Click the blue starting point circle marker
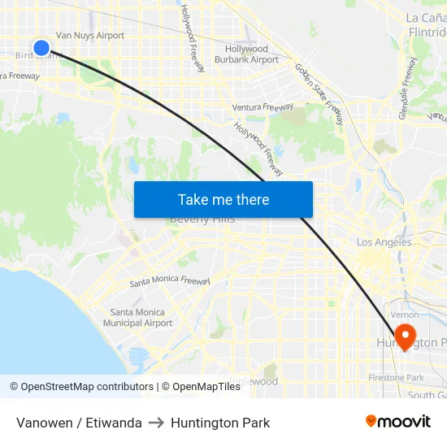coord(41,49)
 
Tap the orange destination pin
coord(405,336)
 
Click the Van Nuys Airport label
coord(89,36)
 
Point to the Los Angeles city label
coord(384,242)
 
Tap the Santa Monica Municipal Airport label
coord(137,318)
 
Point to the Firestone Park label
coord(397,378)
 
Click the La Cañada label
coord(425,18)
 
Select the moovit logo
coord(398,421)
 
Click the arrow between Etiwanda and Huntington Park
coord(156,423)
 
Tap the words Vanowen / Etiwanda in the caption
coord(79,423)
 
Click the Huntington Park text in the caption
coord(220,423)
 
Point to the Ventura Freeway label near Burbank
coord(262,107)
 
